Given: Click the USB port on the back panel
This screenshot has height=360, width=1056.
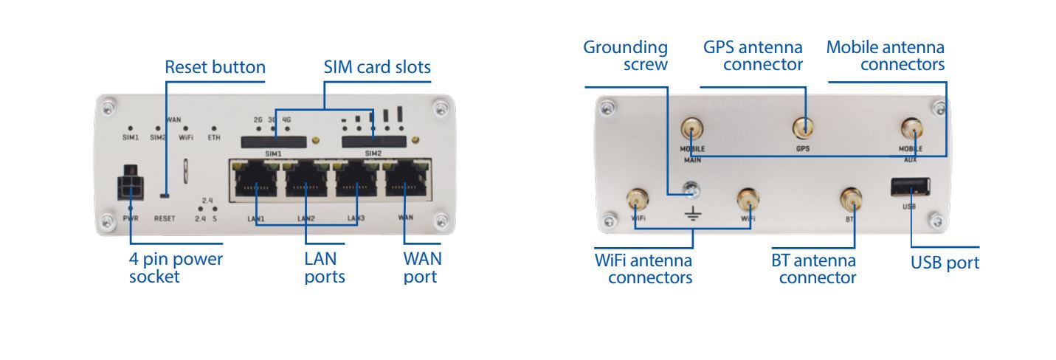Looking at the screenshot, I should coord(910,189).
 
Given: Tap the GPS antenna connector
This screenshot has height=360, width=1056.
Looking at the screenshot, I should coord(804,128).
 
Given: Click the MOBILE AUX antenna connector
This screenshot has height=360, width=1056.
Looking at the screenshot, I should coord(911,131).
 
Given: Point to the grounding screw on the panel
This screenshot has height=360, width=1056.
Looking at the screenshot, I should coord(692,190).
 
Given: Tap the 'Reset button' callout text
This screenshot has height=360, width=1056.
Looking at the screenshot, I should coord(215,68).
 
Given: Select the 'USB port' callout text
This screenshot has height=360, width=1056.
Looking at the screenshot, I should coord(945,263).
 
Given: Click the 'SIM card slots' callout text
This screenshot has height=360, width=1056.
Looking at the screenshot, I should coord(377,68).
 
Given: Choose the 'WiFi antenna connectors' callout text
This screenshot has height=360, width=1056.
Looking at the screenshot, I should coord(643,269).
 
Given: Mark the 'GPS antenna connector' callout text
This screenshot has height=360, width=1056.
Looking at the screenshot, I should coord(752,56).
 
